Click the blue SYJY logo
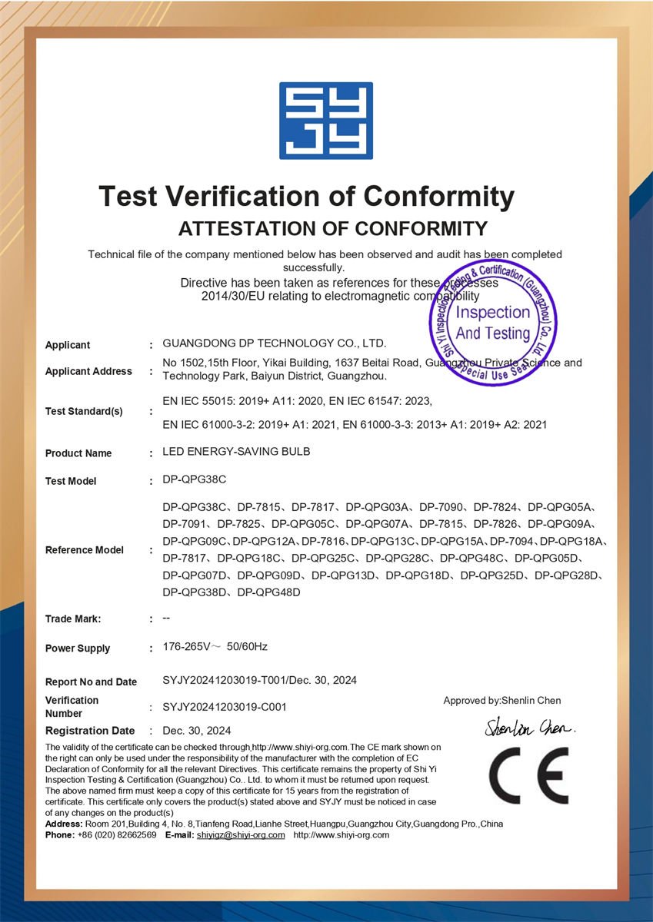(326, 121)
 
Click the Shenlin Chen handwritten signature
(530, 726)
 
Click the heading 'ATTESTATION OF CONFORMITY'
(333, 228)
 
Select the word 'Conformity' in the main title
(438, 197)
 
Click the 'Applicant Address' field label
(88, 372)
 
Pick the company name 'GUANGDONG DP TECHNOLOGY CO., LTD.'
(275, 343)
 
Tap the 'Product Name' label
(78, 453)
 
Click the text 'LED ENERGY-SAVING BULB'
(236, 452)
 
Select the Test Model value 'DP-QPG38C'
(195, 479)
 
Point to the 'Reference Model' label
(85, 550)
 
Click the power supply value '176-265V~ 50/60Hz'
(215, 647)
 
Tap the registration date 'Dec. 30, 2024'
(197, 731)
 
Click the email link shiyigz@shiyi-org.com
(241, 835)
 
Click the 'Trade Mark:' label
(73, 619)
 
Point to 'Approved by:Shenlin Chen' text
(502, 701)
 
